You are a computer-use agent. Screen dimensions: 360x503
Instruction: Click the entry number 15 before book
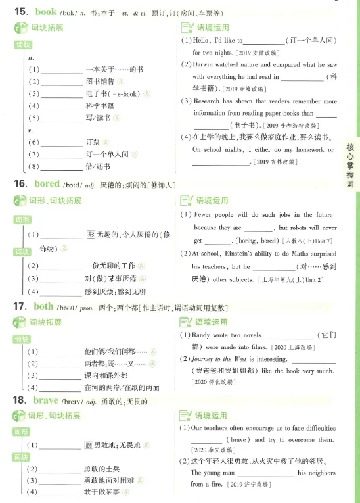(20, 11)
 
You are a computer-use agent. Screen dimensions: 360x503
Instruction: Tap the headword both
(43, 306)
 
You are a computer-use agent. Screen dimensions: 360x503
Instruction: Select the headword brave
(47, 400)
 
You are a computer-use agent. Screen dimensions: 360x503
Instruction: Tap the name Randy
(203, 335)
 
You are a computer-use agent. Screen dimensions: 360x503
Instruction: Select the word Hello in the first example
(202, 41)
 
